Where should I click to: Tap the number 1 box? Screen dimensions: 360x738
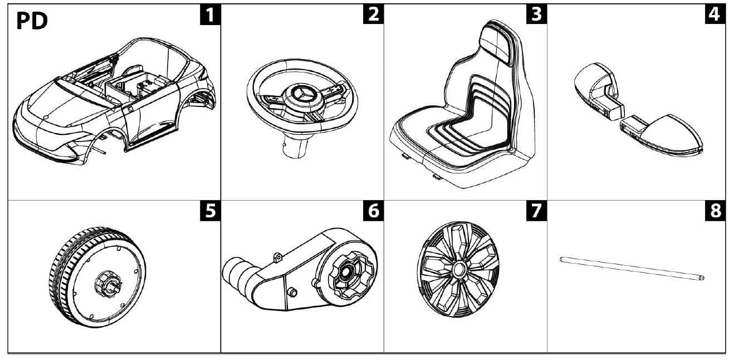tap(209, 15)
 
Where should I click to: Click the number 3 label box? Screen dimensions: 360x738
tap(536, 15)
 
